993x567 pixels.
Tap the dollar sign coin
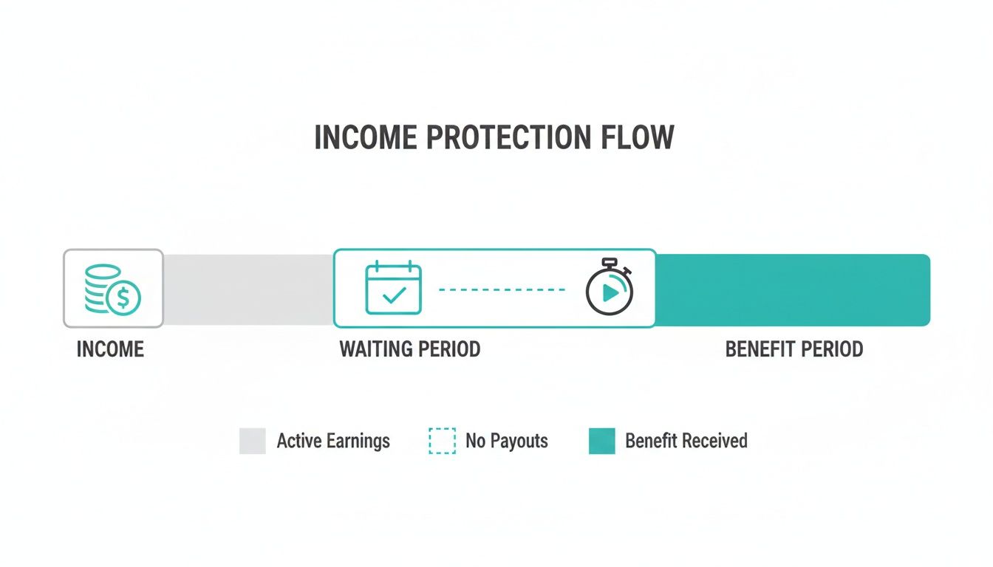point(123,298)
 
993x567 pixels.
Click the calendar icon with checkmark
point(393,289)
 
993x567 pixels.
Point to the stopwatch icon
point(610,288)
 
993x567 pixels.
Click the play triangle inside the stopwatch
point(610,293)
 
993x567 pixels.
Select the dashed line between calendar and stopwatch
point(502,290)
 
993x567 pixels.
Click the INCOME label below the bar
point(110,349)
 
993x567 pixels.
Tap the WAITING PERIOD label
point(410,349)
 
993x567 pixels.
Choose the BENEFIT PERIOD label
point(794,349)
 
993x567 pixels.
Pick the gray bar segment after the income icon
point(248,289)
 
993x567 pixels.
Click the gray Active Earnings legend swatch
point(253,441)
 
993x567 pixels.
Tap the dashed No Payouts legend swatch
point(442,441)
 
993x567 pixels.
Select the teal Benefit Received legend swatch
point(602,441)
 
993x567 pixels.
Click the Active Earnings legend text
point(333,441)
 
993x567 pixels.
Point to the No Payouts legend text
point(507,441)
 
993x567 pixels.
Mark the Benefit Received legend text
point(686,441)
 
